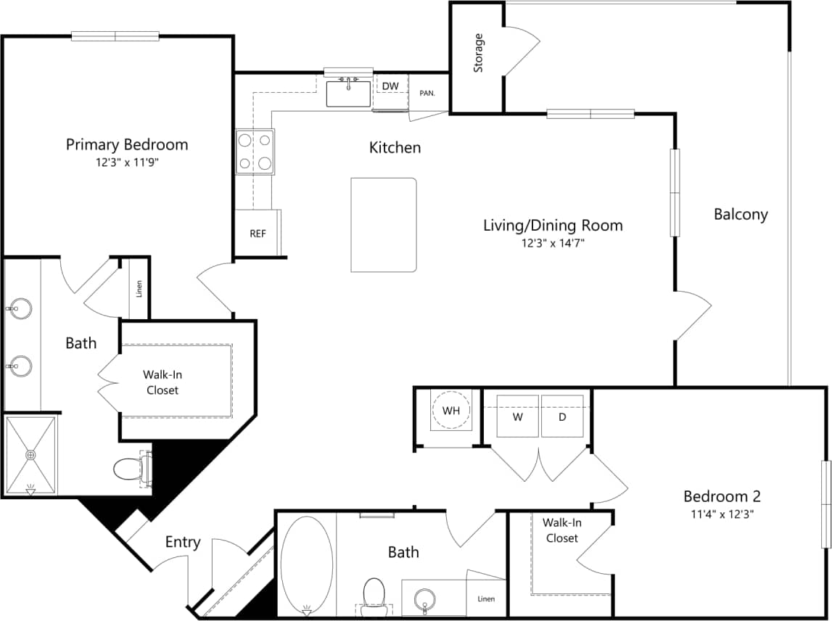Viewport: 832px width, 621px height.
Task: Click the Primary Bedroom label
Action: tap(127, 144)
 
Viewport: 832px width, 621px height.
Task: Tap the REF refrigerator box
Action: tap(258, 234)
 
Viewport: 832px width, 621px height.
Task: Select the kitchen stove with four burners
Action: tap(255, 152)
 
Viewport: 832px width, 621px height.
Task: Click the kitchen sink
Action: tap(348, 94)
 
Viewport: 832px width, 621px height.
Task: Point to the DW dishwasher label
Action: tap(390, 86)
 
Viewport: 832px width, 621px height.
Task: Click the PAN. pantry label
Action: tap(427, 94)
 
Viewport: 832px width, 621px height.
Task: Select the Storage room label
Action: tap(478, 53)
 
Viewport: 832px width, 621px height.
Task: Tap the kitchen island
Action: tap(384, 225)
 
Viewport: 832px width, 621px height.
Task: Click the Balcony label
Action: tap(741, 214)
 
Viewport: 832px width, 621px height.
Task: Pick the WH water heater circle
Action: tap(451, 411)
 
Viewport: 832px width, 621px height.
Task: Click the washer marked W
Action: tap(517, 416)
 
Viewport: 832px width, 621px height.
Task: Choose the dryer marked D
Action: tap(562, 416)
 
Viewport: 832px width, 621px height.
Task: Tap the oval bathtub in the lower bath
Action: tap(307, 563)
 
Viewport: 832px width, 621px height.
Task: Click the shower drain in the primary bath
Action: tap(30, 455)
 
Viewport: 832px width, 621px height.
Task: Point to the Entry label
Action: tap(183, 542)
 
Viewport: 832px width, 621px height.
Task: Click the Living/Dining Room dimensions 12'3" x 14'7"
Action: tap(553, 243)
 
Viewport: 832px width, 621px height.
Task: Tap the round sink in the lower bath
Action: tap(424, 600)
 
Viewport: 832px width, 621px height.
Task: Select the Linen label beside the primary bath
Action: tap(139, 288)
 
